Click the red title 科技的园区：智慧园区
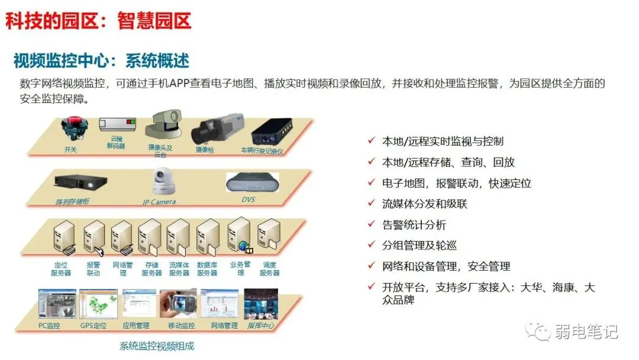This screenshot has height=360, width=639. pyautogui.click(x=98, y=21)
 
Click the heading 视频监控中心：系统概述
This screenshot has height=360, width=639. pyautogui.click(x=101, y=60)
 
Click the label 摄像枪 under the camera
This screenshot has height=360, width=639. pyautogui.click(x=204, y=150)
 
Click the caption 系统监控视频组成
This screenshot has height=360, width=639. pyautogui.click(x=157, y=346)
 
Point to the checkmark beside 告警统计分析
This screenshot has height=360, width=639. pyautogui.click(x=371, y=224)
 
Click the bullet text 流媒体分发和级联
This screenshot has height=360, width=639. pyautogui.click(x=425, y=204)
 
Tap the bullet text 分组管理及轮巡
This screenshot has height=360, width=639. pyautogui.click(x=419, y=246)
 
